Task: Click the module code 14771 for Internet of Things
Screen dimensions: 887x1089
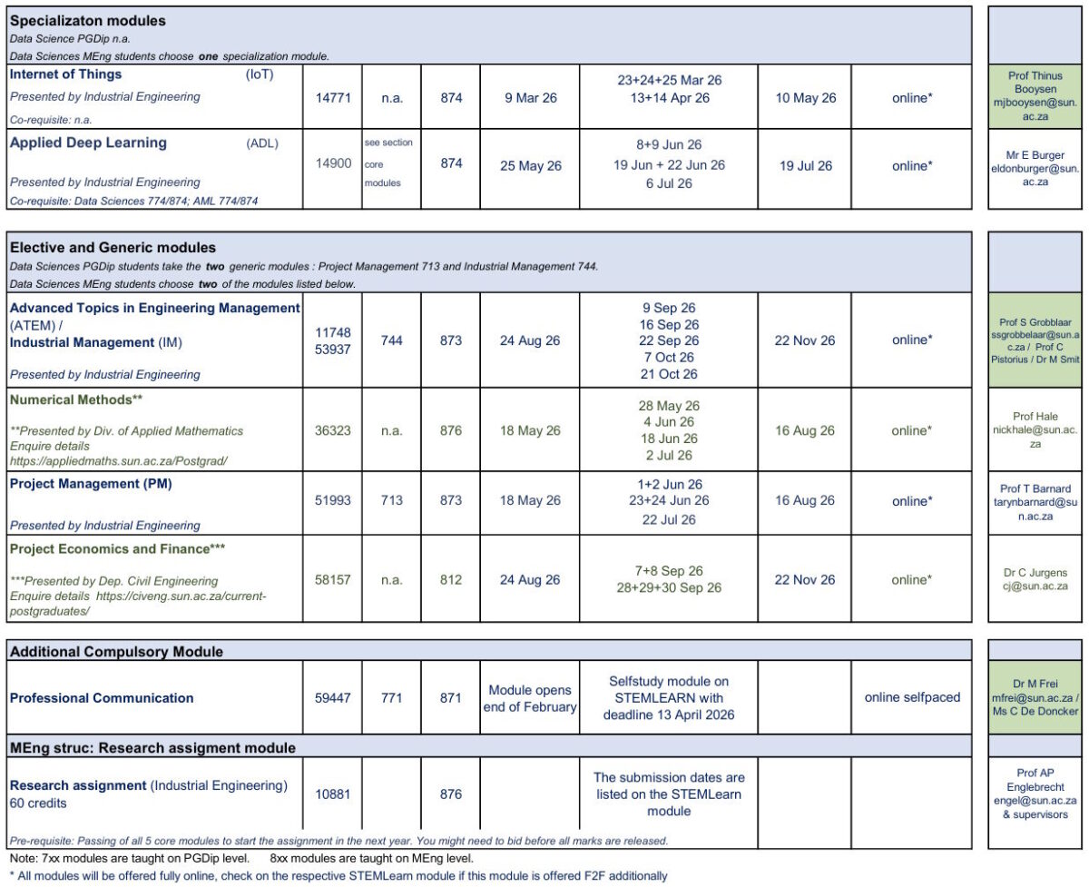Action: click(x=332, y=98)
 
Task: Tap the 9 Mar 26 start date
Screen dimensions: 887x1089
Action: click(x=531, y=98)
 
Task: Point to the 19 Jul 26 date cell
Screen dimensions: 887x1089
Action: click(x=805, y=166)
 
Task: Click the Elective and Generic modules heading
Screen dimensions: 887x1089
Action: click(x=113, y=247)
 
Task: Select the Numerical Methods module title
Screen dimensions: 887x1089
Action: click(x=77, y=399)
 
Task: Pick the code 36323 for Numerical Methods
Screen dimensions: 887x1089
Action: click(x=332, y=431)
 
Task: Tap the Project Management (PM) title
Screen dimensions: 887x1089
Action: click(x=91, y=484)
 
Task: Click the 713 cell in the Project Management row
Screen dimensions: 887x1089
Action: click(x=392, y=501)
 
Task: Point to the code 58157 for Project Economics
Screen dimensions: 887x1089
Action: click(x=332, y=580)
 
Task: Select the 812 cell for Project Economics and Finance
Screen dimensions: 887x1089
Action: click(x=451, y=580)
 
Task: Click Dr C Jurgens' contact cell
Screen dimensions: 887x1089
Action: click(x=1035, y=579)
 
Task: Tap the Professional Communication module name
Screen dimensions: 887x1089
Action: click(x=102, y=698)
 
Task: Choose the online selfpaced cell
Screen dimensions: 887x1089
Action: click(x=912, y=698)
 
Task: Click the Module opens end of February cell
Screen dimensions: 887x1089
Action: click(x=531, y=698)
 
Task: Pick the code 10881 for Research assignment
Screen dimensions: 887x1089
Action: click(x=332, y=794)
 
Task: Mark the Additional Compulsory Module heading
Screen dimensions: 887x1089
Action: click(x=116, y=652)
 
